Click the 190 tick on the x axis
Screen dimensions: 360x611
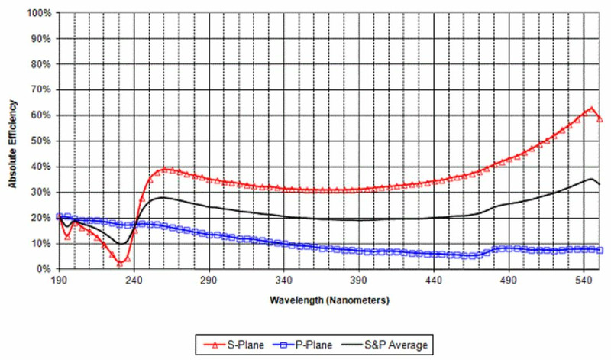point(60,281)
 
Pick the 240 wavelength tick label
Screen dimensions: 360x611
point(134,281)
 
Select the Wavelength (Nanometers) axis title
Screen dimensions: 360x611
point(329,300)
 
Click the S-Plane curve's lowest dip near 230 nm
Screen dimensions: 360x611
point(120,262)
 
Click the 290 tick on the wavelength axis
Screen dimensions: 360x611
point(209,281)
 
